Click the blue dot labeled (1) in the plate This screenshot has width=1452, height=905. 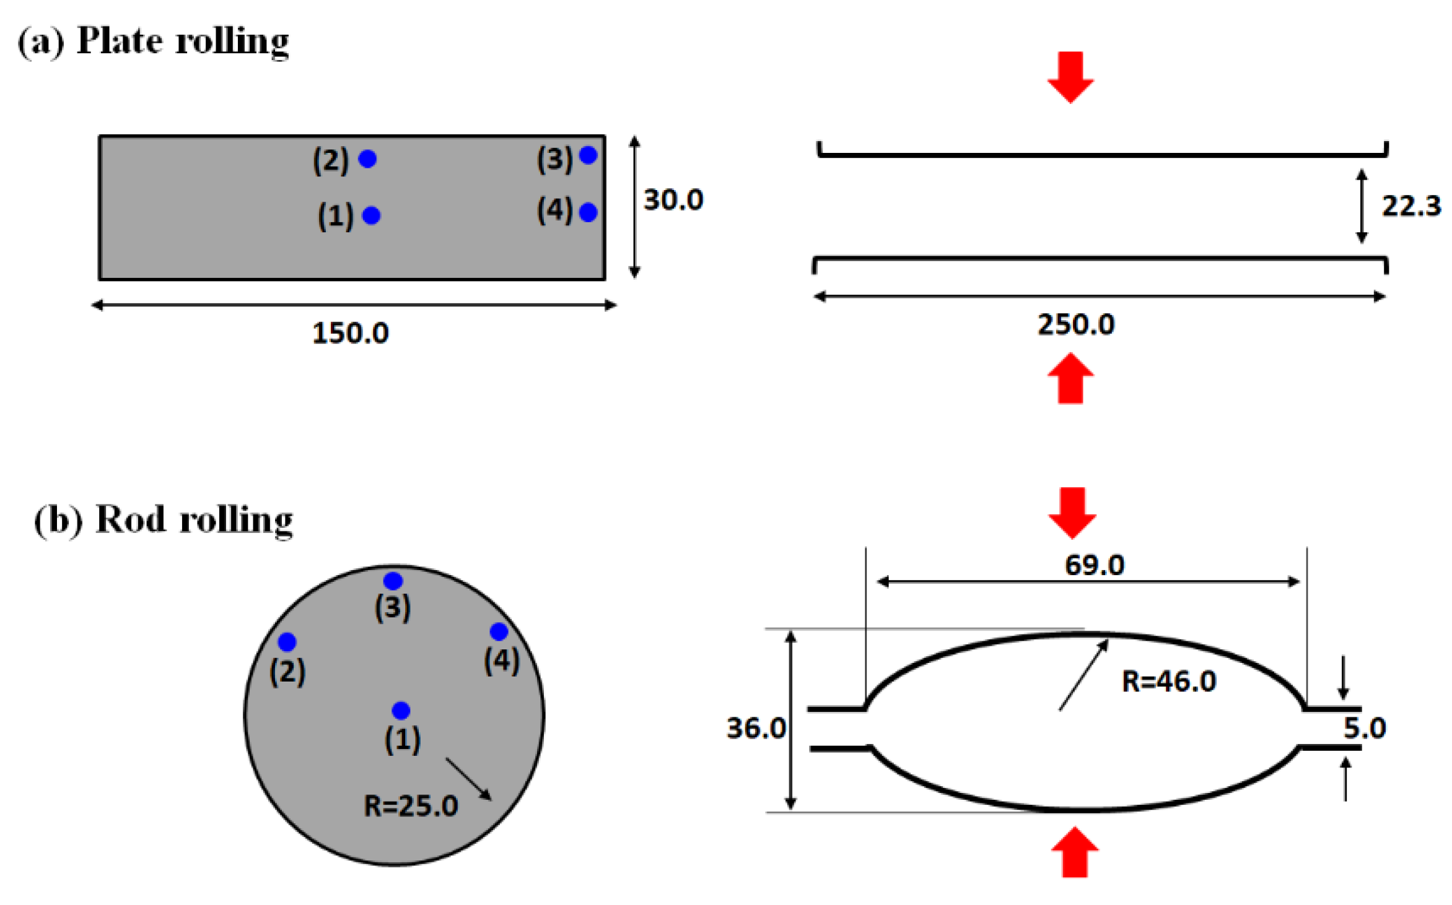pos(371,215)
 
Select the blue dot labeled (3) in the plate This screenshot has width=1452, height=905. pos(588,155)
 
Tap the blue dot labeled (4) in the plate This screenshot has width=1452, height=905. pos(588,212)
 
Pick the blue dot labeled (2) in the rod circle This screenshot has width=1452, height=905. pos(287,642)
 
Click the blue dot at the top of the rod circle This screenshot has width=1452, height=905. pos(393,581)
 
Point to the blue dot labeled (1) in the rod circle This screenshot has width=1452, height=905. pos(401,710)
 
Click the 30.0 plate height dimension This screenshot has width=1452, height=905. pos(673,200)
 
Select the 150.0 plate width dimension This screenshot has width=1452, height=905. pos(350,333)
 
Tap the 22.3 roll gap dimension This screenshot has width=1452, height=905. pos(1410,206)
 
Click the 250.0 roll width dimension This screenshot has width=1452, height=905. pos(1076,324)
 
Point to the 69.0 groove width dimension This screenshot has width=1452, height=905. pos(1094,565)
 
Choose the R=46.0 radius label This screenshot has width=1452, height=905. pos(1168,682)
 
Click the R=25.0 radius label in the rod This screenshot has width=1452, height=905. pos(410,806)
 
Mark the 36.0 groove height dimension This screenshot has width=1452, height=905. pos(756,728)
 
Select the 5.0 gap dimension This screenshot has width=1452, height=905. pos(1364,728)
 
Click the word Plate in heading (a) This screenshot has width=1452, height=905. pos(120,41)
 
